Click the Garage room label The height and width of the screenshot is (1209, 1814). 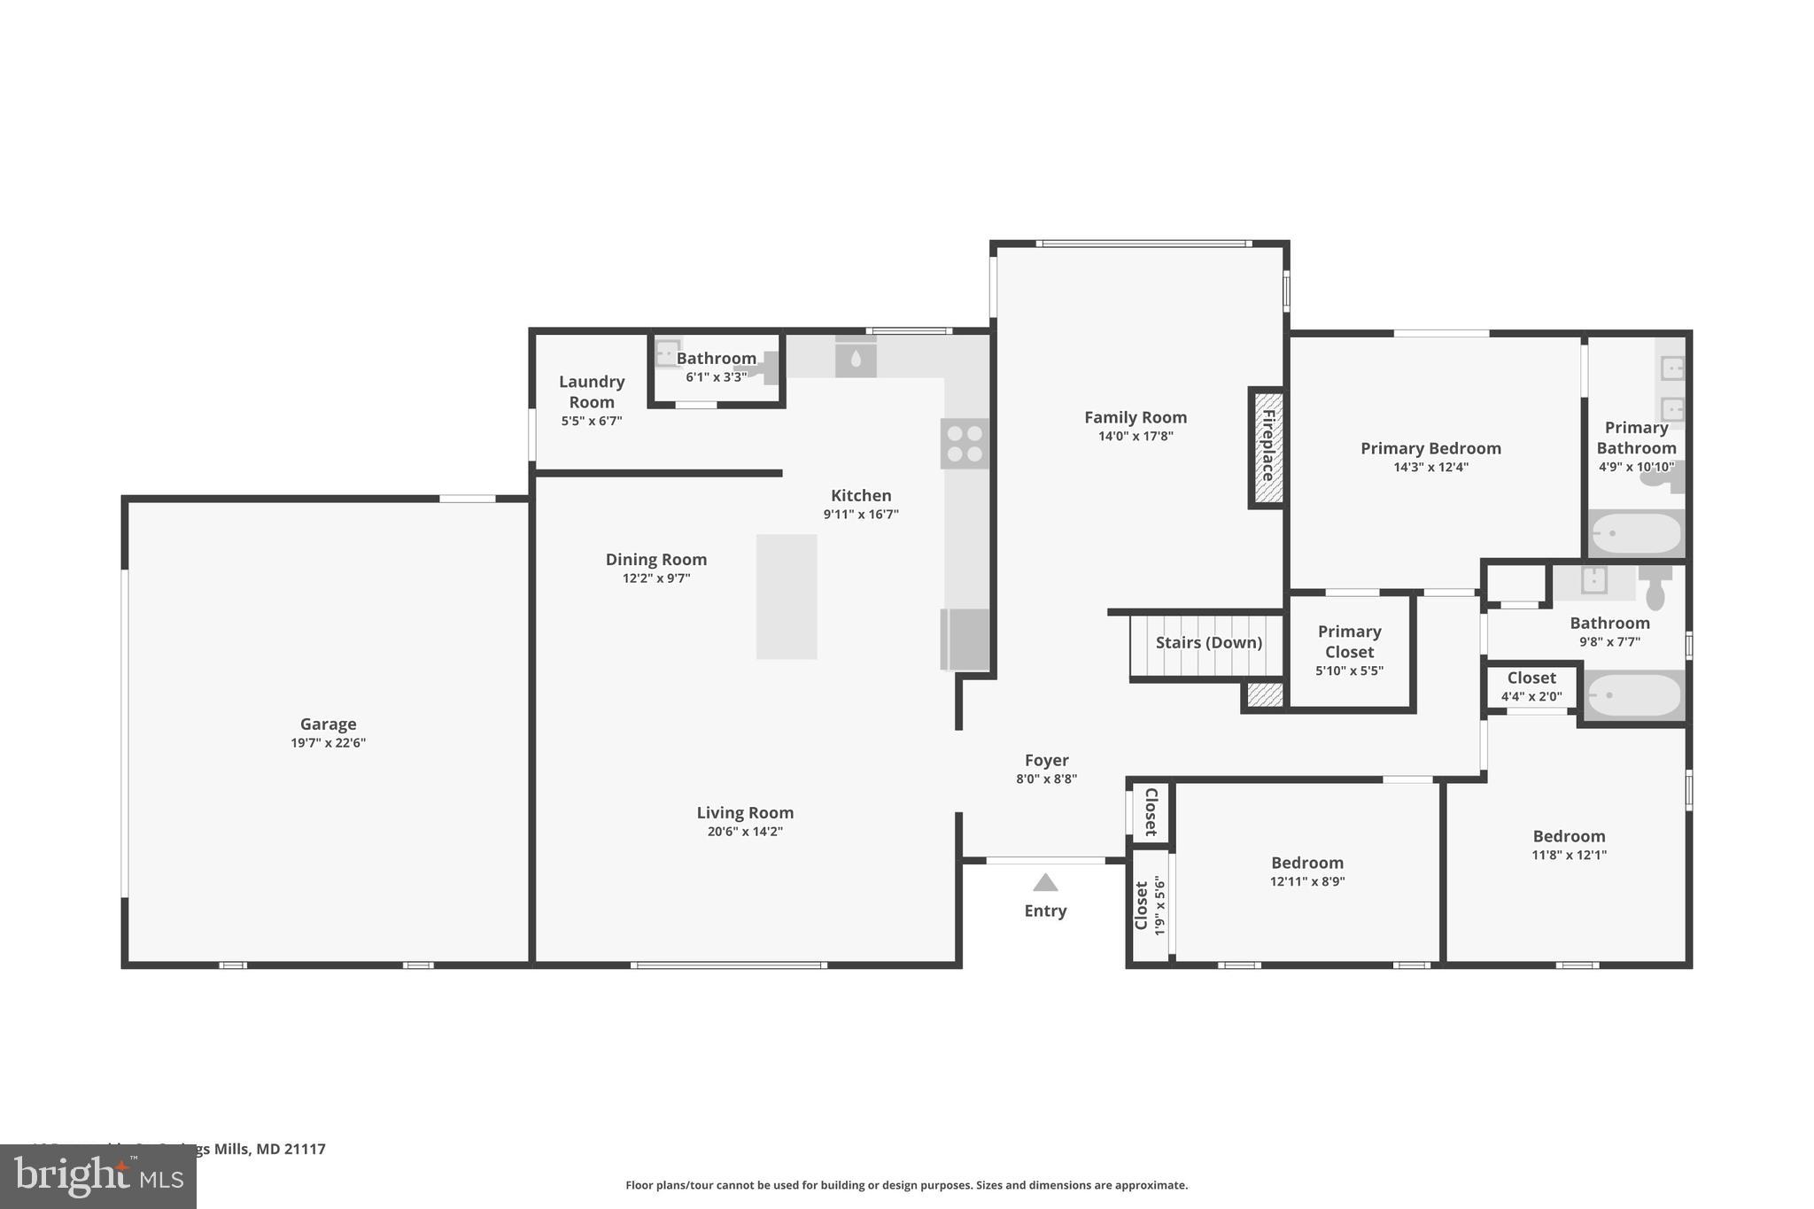328,724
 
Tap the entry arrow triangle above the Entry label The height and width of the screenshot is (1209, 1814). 1045,883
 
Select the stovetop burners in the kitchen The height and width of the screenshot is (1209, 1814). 964,444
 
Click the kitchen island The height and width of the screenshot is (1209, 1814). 787,596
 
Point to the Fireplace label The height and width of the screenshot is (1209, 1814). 1267,446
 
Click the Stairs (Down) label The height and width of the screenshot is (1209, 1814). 1208,643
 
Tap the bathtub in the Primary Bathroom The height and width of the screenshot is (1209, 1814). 1636,533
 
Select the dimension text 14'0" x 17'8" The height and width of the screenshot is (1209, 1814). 1135,436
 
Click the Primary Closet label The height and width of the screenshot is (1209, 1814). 1349,641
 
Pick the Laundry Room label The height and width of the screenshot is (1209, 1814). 592,391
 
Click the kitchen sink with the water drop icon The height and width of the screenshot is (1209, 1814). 856,359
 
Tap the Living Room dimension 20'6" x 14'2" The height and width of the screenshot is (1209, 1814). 745,832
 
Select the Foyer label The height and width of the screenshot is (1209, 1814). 1046,760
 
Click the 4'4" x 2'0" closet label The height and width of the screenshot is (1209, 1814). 1531,697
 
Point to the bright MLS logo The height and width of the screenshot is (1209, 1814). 98,1176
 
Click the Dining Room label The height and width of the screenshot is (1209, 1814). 655,559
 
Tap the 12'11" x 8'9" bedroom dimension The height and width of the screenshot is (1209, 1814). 1306,881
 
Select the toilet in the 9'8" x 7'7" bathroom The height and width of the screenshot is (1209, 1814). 1655,586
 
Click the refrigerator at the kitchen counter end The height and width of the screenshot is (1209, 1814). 965,639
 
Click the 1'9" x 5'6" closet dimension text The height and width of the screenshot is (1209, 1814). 1159,905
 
